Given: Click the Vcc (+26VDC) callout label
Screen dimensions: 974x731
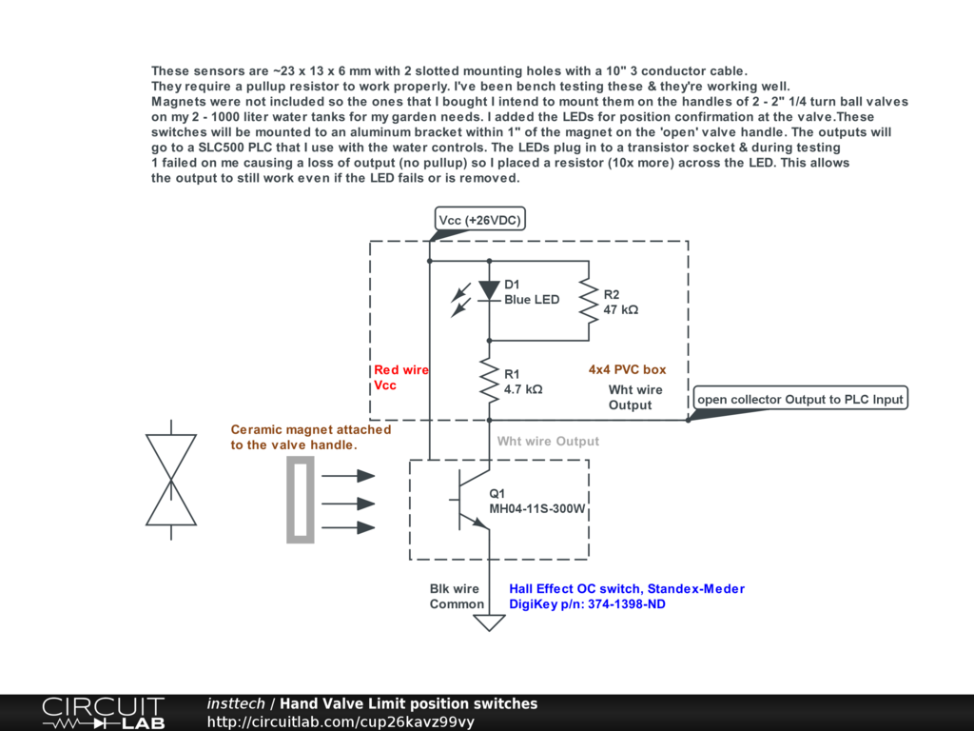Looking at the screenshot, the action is click(480, 221).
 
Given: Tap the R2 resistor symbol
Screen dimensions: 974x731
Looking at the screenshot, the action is click(590, 300).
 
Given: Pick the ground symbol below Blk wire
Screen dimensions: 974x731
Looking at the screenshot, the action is click(489, 622).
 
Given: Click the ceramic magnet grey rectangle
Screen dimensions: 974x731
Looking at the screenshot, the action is click(301, 500).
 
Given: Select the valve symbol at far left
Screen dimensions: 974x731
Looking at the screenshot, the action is click(171, 480).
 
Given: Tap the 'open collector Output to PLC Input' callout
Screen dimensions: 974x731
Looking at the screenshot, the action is click(800, 399).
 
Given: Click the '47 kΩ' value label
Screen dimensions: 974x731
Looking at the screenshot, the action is click(621, 310).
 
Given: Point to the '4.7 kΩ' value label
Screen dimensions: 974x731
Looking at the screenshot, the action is click(523, 389).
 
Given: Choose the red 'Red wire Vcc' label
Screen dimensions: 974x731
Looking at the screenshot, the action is click(400, 378).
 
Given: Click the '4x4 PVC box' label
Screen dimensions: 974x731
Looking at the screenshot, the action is click(628, 369).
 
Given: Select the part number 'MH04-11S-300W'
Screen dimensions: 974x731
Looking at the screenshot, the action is click(537, 509).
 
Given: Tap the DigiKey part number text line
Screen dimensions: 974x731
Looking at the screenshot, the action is click(587, 604).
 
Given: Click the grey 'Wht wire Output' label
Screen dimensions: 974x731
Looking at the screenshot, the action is click(548, 441).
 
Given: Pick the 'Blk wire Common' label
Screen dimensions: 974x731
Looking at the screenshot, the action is click(456, 597).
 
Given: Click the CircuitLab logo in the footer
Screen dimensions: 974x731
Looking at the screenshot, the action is click(103, 713).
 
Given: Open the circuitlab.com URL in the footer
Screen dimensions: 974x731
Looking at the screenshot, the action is click(341, 721).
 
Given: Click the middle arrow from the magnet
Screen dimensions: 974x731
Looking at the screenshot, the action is click(349, 504).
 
